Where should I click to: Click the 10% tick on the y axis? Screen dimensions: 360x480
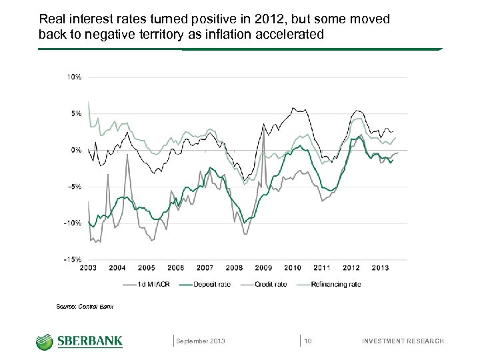pos(73,77)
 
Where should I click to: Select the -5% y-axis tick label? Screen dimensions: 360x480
pos(74,187)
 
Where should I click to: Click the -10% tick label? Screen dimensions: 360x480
pos(73,223)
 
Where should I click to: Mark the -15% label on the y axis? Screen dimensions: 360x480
pos(73,259)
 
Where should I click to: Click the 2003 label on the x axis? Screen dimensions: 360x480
pos(88,268)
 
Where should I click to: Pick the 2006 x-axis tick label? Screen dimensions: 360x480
pos(175,268)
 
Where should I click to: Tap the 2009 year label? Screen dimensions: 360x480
pos(263,268)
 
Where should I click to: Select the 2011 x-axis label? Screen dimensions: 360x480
pos(322,268)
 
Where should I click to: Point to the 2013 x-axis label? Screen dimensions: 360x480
pos(380,268)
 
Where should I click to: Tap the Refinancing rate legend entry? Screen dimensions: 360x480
pos(331,284)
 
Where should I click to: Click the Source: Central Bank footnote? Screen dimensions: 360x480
pos(85,307)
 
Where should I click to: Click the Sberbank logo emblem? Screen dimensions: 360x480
pos(45,341)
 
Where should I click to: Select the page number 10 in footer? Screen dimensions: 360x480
pos(308,341)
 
